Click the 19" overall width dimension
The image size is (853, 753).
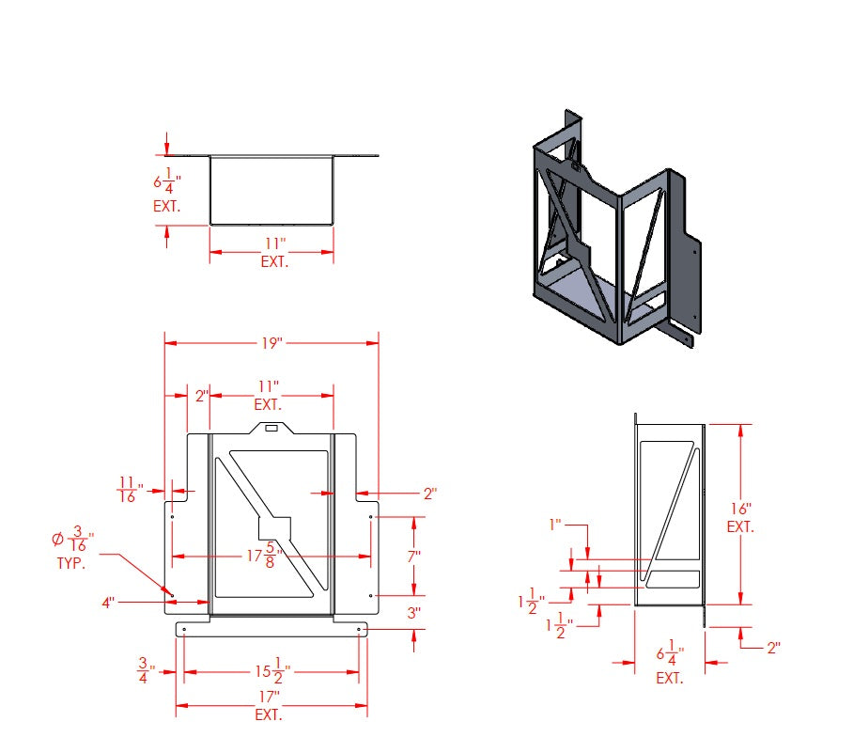click(x=271, y=344)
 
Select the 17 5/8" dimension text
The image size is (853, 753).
click(x=266, y=556)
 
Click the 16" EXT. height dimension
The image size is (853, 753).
click(x=739, y=515)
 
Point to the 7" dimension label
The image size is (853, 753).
click(x=412, y=556)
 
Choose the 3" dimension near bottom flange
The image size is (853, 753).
click(x=413, y=612)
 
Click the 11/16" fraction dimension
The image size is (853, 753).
click(x=130, y=490)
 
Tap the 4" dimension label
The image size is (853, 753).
click(x=110, y=601)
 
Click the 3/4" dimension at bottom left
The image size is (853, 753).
click(x=145, y=671)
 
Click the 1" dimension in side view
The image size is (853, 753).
click(x=556, y=525)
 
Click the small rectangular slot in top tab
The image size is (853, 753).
click(x=271, y=428)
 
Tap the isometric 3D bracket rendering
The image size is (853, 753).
click(x=611, y=230)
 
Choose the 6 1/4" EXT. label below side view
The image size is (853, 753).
click(x=670, y=663)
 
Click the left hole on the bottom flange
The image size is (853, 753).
click(x=185, y=628)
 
